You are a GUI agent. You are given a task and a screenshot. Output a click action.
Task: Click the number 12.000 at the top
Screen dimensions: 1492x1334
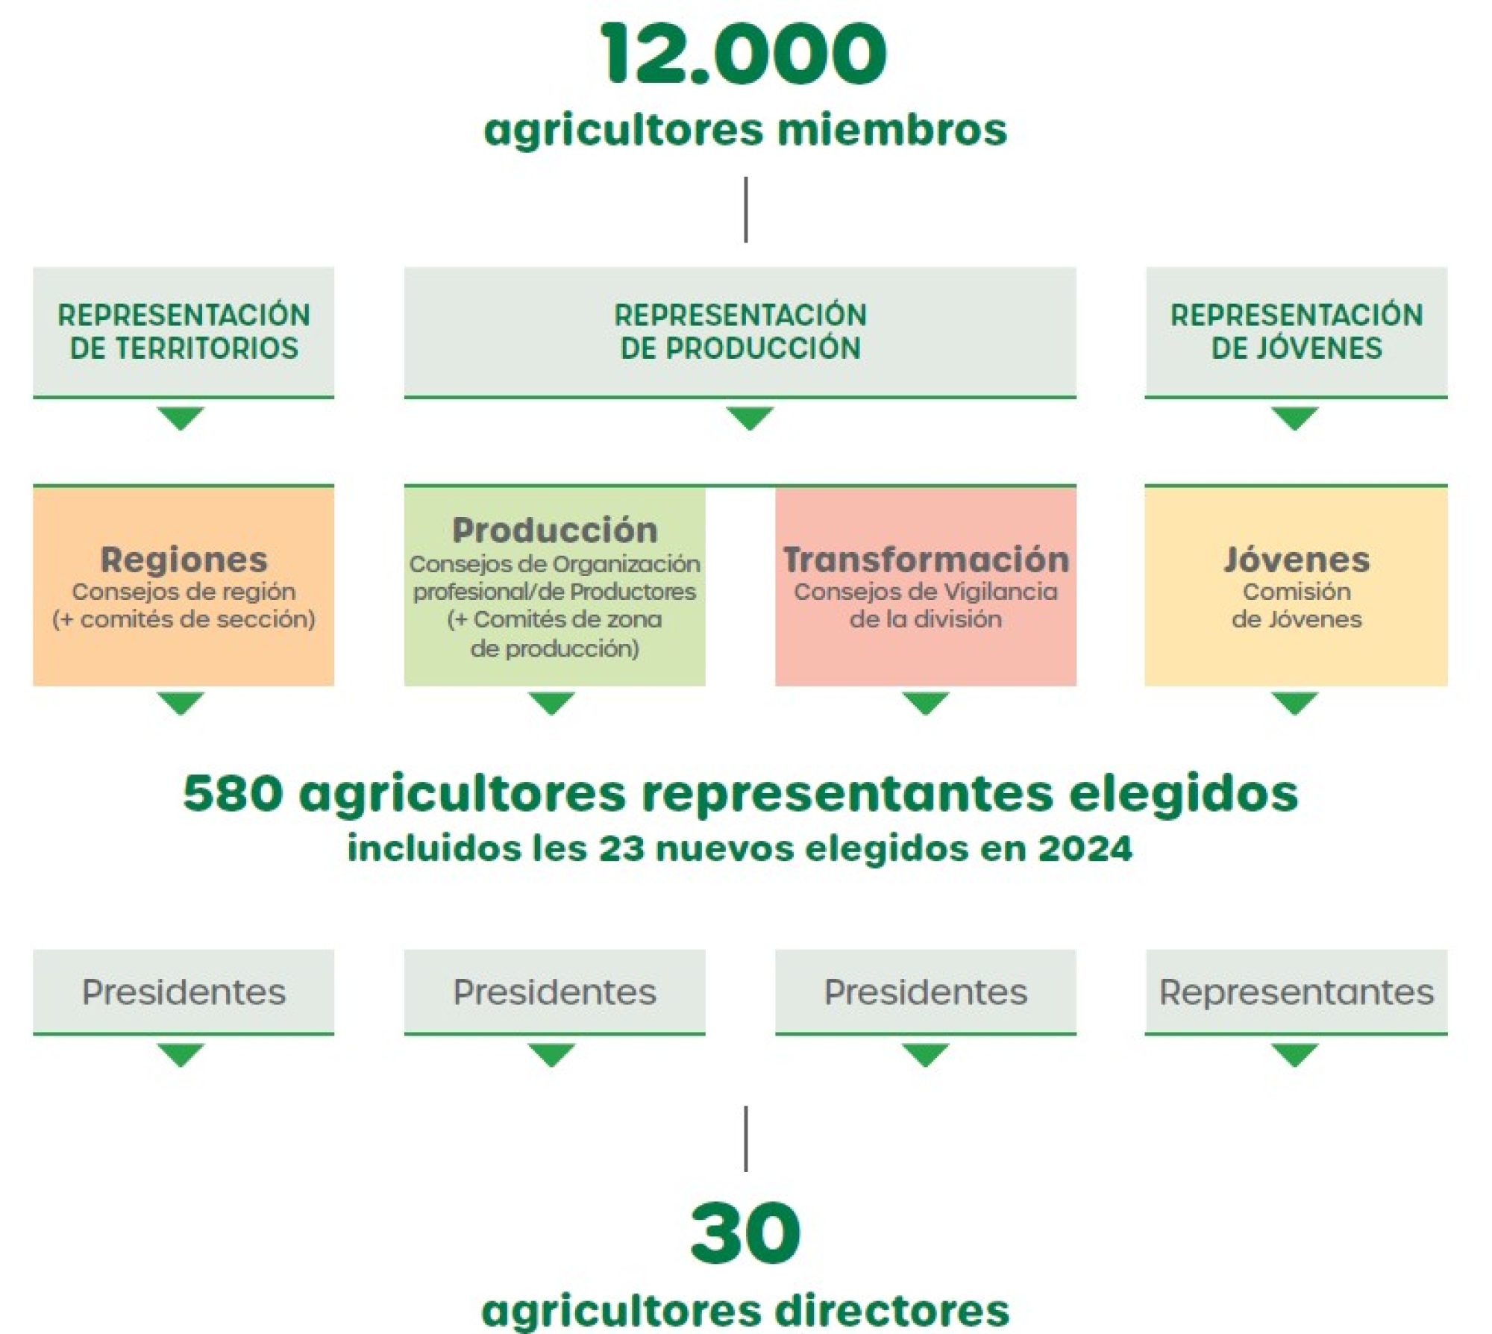[x=744, y=54]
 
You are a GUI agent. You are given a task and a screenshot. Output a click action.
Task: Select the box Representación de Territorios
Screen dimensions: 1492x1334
[x=184, y=332]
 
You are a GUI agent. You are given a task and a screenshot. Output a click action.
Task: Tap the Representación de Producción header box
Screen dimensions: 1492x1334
[x=740, y=332]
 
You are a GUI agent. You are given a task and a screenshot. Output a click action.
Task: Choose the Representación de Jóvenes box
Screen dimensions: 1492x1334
[x=1297, y=332]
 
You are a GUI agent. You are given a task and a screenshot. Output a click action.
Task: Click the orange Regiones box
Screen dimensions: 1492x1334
[x=184, y=586]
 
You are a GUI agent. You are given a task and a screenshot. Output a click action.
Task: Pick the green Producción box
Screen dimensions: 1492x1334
[x=554, y=586]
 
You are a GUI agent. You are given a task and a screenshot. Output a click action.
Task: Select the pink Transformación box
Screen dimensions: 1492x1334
[x=926, y=586]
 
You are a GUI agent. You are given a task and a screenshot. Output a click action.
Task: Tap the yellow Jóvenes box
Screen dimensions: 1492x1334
[x=1297, y=586]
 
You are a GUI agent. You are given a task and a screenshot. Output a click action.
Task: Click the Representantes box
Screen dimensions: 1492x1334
[x=1297, y=992]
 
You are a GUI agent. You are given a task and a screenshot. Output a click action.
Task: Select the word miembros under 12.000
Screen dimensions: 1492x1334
[x=892, y=129]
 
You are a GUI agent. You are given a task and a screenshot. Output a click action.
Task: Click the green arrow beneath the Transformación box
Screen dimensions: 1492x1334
[x=926, y=704]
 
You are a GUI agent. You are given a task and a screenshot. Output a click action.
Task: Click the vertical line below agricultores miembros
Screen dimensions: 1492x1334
[x=746, y=210]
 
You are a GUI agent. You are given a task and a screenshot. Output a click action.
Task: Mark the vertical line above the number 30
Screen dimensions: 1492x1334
[x=746, y=1139]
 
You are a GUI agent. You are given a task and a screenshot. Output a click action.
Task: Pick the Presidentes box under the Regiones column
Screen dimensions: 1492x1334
[x=184, y=992]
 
